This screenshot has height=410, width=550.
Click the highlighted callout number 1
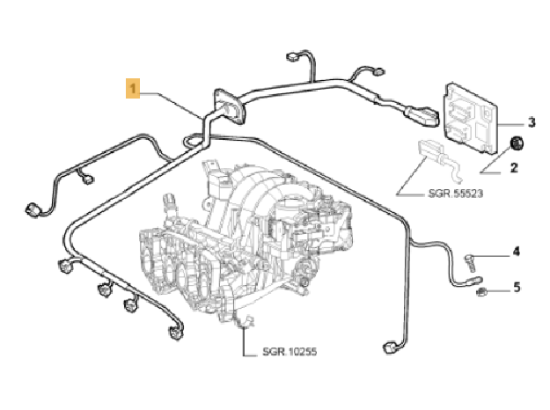click(132, 89)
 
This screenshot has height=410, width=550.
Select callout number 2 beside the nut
click(515, 167)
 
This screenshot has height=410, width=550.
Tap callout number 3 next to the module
click(532, 121)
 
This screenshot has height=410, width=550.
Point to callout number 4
click(517, 253)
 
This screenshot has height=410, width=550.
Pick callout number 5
click(517, 286)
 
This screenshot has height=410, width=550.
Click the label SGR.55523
click(455, 192)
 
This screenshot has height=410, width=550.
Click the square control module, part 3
click(474, 112)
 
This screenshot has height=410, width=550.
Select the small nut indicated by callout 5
click(482, 289)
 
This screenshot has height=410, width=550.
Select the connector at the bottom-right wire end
click(390, 348)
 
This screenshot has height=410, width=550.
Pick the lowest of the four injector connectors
click(172, 333)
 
